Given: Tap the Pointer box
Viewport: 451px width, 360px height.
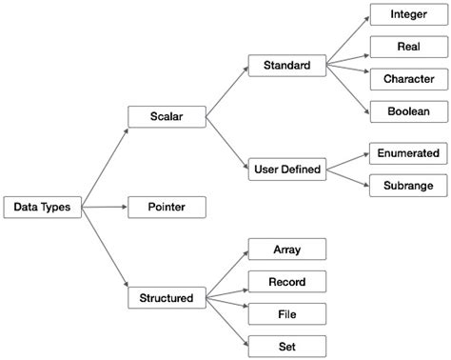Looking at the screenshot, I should pos(167,207).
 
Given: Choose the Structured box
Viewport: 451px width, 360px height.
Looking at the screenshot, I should pos(167,298).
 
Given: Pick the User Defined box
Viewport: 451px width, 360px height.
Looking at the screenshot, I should pos(286,170).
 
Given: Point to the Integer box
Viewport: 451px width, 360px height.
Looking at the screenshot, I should pos(407,16).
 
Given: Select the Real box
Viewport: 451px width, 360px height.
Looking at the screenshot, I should pos(407,47).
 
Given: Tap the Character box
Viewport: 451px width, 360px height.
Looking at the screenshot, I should pos(407,78).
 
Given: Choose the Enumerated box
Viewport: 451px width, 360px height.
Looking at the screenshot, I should pos(407,152).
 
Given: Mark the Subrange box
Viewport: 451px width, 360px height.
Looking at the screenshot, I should pos(407,184).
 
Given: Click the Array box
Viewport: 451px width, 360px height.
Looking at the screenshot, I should pos(286,250).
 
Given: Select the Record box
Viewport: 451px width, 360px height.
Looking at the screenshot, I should pos(286,281).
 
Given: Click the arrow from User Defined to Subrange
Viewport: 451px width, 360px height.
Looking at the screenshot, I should pos(345,176).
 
